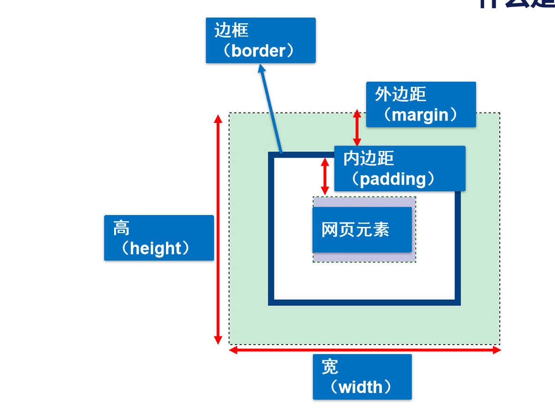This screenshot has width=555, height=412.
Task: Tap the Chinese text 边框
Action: tap(232, 30)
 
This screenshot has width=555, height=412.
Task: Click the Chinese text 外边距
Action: tap(400, 94)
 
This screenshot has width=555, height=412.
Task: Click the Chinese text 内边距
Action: tap(369, 159)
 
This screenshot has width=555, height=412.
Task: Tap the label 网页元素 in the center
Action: tap(356, 230)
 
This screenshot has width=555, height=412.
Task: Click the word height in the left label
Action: tap(156, 248)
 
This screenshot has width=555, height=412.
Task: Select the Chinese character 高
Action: tap(121, 228)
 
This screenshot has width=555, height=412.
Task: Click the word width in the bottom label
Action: tap(360, 387)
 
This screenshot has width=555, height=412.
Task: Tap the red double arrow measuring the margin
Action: tap(357, 128)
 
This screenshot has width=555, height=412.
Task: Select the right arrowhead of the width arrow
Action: tap(497, 350)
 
